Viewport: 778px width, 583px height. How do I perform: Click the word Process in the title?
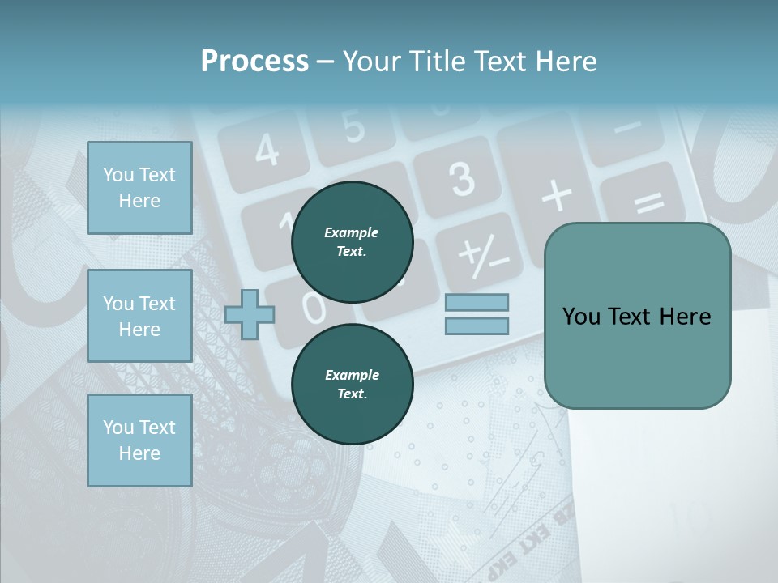pyautogui.click(x=254, y=62)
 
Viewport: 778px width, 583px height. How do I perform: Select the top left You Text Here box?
pyautogui.click(x=139, y=188)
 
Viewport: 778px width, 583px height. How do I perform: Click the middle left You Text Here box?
pyautogui.click(x=139, y=316)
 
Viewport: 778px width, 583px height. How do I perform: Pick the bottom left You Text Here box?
pyautogui.click(x=139, y=440)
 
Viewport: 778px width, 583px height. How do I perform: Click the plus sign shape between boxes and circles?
pyautogui.click(x=250, y=315)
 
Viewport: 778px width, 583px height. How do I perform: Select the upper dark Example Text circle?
pyautogui.click(x=352, y=242)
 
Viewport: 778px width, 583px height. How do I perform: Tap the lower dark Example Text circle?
pyautogui.click(x=352, y=385)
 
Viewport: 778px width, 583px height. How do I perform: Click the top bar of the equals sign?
pyautogui.click(x=477, y=302)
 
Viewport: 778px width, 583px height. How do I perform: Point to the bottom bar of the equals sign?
pyautogui.click(x=477, y=326)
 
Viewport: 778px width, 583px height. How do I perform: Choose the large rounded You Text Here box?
pyautogui.click(x=637, y=316)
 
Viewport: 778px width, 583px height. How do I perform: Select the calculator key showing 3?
pyautogui.click(x=460, y=177)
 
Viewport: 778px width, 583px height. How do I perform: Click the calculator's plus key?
pyautogui.click(x=556, y=195)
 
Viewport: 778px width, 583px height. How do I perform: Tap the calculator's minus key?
pyautogui.click(x=626, y=128)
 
